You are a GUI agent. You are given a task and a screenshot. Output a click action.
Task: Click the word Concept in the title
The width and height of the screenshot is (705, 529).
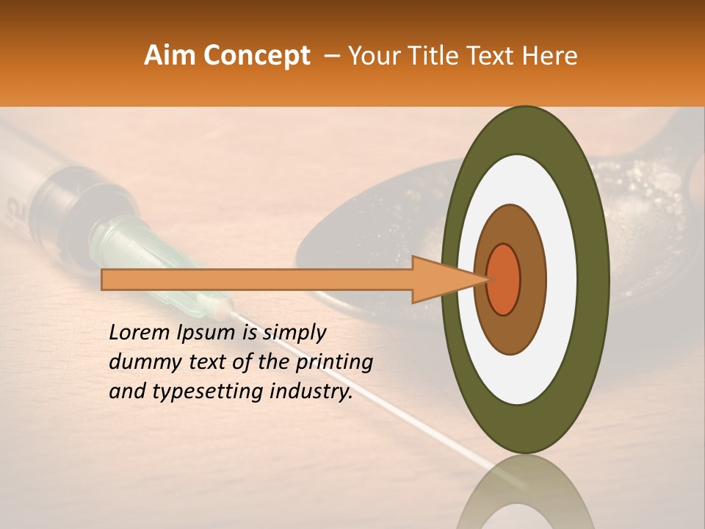(x=256, y=56)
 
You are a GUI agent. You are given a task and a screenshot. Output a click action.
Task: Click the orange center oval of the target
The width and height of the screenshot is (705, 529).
(x=504, y=279)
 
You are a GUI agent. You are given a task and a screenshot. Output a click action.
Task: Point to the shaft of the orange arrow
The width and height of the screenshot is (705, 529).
(x=257, y=279)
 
